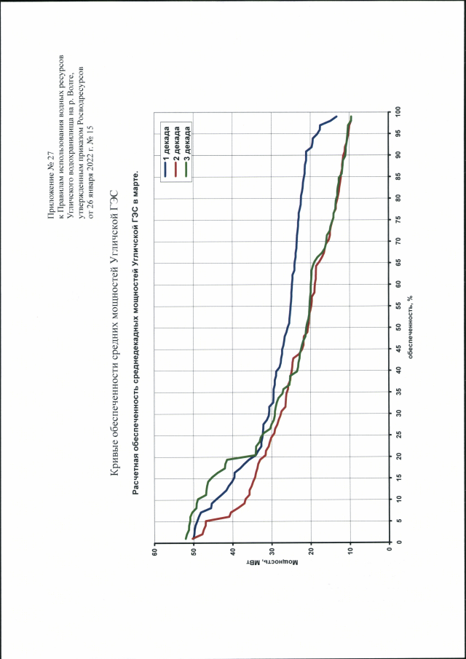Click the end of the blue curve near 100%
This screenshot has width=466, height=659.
click(337, 117)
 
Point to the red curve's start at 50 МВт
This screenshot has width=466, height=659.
click(194, 539)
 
